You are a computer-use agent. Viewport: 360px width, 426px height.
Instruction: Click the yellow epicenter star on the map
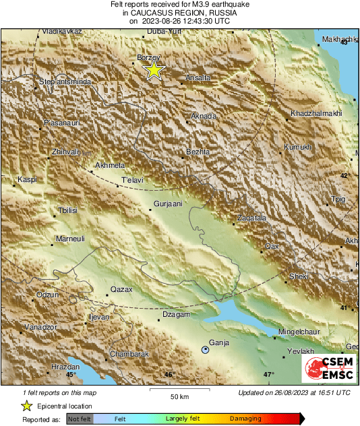pyautogui.click(x=154, y=69)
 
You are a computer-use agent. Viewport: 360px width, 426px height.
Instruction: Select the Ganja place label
pyautogui.click(x=220, y=342)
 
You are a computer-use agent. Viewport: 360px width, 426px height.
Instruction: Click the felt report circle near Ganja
pyautogui.click(x=206, y=349)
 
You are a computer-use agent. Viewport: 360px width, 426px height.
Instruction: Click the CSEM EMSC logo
pyautogui.click(x=328, y=369)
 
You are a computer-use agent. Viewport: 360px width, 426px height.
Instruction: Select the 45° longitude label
pyautogui.click(x=71, y=374)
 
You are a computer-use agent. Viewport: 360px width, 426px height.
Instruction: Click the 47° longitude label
pyautogui.click(x=268, y=374)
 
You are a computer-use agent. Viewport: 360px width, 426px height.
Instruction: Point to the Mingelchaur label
pyautogui.click(x=303, y=332)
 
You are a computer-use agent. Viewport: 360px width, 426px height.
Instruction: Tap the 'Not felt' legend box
pyautogui.click(x=79, y=419)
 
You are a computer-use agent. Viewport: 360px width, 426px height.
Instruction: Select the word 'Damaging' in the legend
pyautogui.click(x=245, y=419)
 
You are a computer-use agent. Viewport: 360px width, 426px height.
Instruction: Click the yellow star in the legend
pyautogui.click(x=26, y=406)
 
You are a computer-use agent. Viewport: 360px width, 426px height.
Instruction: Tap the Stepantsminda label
pyautogui.click(x=64, y=82)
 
